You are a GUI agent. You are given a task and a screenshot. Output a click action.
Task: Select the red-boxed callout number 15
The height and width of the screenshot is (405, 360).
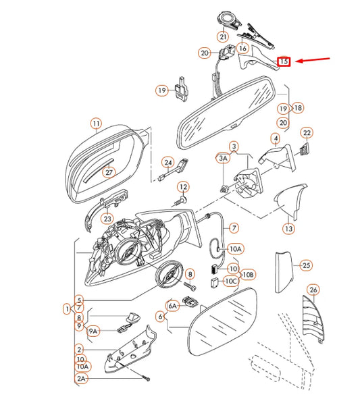[284, 61]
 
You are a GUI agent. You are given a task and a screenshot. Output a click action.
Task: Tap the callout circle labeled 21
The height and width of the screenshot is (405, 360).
[223, 36]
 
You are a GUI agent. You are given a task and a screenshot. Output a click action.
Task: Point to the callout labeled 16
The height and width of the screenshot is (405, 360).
[243, 49]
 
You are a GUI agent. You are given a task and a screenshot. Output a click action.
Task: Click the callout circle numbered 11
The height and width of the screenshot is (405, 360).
[96, 124]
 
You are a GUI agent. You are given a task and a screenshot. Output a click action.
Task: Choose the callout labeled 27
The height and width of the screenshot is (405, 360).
[109, 172]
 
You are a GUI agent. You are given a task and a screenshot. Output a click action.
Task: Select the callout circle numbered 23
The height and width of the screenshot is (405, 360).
[107, 218]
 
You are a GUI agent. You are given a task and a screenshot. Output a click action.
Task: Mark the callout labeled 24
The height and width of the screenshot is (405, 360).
[168, 162]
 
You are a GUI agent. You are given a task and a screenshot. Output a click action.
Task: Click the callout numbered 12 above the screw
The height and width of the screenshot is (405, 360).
[183, 187]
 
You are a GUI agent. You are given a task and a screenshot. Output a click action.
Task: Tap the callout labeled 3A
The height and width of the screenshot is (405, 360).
[222, 158]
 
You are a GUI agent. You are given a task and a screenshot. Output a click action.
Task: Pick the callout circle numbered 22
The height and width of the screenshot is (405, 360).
[306, 133]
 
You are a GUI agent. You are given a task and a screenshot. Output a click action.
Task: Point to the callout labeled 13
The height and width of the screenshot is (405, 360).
[288, 229]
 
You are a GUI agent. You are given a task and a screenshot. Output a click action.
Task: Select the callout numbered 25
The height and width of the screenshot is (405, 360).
[305, 265]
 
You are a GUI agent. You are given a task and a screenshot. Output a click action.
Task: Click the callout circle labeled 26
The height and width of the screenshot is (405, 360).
[313, 290]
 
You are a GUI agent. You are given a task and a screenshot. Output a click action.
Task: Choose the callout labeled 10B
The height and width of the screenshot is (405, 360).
[248, 275]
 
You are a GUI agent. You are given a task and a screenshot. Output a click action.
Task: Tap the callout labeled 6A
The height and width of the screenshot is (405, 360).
[172, 306]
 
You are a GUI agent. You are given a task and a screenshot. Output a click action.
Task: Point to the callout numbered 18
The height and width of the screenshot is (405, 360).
[298, 107]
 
